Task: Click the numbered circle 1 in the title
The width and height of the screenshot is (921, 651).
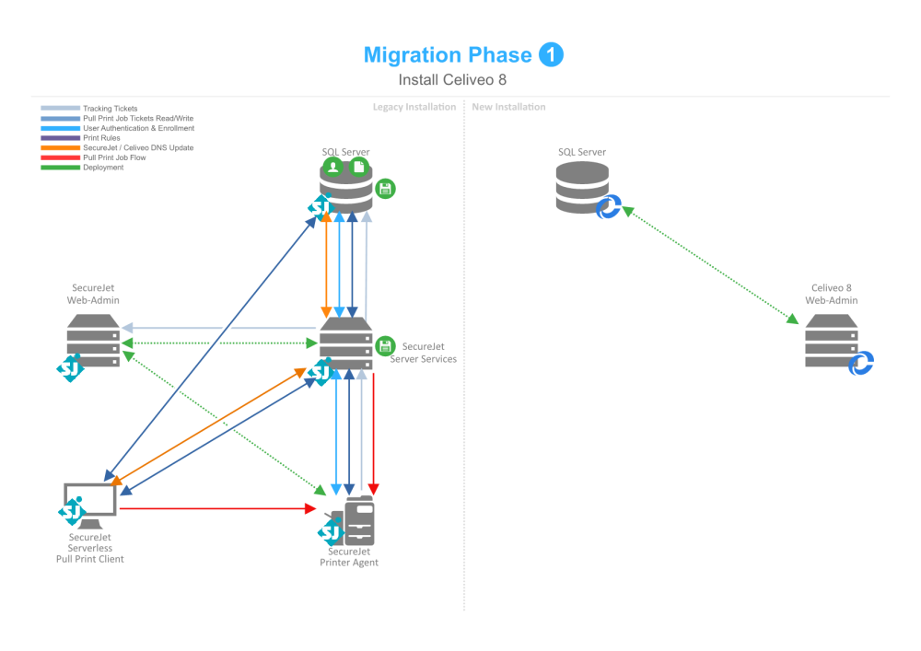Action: pos(551,55)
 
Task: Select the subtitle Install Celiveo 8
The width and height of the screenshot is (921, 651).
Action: pos(452,80)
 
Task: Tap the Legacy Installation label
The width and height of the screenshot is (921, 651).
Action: pos(414,107)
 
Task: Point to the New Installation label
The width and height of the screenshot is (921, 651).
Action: pos(508,107)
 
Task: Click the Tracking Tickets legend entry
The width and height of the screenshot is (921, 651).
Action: pos(110,109)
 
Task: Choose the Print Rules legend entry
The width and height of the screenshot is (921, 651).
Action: pos(102,138)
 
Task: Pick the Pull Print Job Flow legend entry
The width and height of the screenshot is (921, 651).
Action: pos(114,157)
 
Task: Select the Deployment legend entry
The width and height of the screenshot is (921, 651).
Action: pos(103,168)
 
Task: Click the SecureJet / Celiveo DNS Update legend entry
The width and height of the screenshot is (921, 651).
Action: pos(138,147)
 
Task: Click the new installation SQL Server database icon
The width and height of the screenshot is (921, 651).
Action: pos(582,188)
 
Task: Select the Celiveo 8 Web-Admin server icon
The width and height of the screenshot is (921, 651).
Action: pos(831,341)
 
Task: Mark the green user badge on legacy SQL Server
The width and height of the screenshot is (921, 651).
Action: pos(332,168)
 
